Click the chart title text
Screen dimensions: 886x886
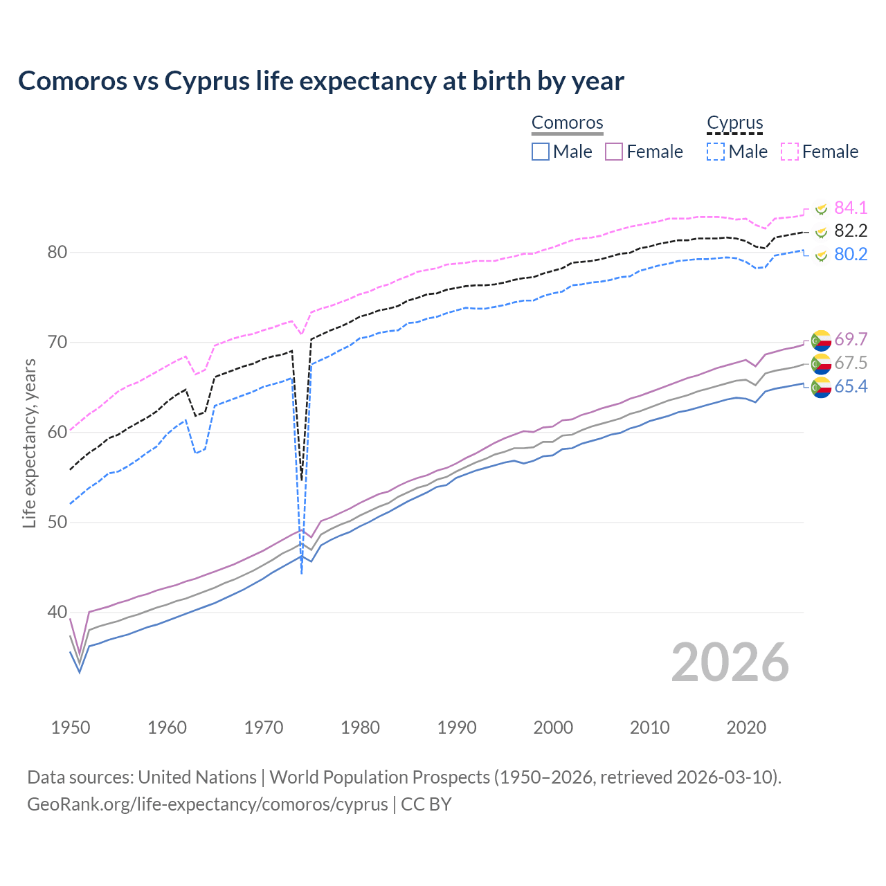point(321,81)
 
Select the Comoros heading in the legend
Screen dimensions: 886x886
point(567,123)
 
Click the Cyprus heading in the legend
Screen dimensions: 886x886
point(734,123)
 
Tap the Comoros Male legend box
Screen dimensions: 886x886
point(541,152)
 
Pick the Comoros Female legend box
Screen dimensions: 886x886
point(614,152)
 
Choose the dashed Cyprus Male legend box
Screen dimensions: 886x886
point(716,152)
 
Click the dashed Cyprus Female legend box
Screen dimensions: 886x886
point(790,152)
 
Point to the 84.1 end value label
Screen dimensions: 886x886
point(851,208)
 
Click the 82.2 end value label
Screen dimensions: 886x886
point(851,230)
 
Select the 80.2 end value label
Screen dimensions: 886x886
point(851,254)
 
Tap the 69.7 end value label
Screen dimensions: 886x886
point(851,339)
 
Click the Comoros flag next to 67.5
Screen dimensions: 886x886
point(821,363)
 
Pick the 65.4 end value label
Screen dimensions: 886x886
point(851,386)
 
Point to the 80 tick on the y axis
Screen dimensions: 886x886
point(57,252)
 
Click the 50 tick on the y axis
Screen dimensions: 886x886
point(57,522)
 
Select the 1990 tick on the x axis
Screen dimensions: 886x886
point(457,727)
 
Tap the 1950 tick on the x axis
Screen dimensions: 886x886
point(71,727)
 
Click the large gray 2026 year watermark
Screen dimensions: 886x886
point(730,662)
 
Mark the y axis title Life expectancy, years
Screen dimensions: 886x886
point(30,443)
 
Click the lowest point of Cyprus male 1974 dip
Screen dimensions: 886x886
point(302,573)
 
